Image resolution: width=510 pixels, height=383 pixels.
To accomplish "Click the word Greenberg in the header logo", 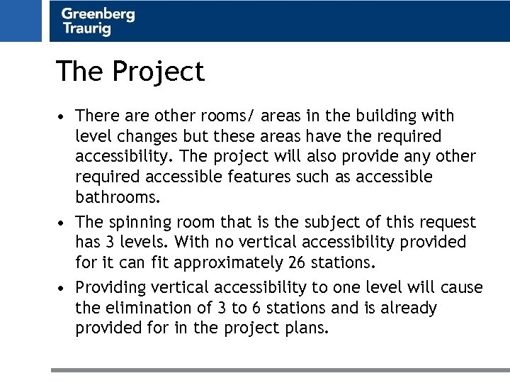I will pos(98,13).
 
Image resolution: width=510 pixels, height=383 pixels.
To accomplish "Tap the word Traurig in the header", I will pos(86,28).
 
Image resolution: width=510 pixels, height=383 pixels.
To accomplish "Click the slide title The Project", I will pos(130,72).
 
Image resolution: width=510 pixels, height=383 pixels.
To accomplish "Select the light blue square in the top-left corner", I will pos(21,21).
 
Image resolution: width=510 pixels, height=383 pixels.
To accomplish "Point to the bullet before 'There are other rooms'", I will pos(63,116).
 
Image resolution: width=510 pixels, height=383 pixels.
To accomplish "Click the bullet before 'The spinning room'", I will pos(63,223).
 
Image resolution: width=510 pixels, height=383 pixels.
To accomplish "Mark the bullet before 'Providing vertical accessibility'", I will pos(63,289).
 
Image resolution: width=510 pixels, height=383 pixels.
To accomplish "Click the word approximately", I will pos(223,263).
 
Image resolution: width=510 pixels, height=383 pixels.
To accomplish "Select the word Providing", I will pos(108,288).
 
